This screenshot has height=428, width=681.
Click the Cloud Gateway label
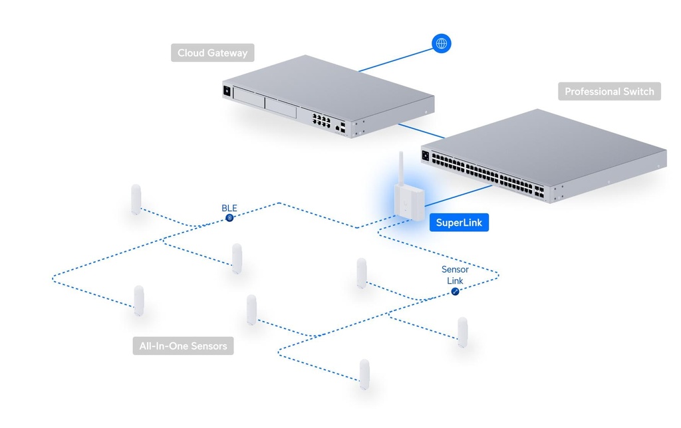pyautogui.click(x=212, y=53)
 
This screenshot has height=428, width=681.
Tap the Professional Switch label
pyautogui.click(x=609, y=92)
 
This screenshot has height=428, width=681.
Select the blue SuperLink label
pyautogui.click(x=459, y=223)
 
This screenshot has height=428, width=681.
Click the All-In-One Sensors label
pyautogui.click(x=183, y=346)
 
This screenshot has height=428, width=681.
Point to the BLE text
pyautogui.click(x=229, y=208)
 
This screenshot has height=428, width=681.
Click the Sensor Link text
pyautogui.click(x=455, y=275)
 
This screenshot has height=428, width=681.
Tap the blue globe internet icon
pyautogui.click(x=442, y=43)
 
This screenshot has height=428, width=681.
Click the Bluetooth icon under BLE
pyautogui.click(x=229, y=218)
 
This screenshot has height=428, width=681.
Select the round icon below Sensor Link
pyautogui.click(x=455, y=292)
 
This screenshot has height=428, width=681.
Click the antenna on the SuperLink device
pyautogui.click(x=401, y=168)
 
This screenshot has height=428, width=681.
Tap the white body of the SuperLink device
pyautogui.click(x=409, y=203)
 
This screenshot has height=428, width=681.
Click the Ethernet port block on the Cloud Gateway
pyautogui.click(x=321, y=120)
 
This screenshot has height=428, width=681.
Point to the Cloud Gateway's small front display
pyautogui.click(x=227, y=91)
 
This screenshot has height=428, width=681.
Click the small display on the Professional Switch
pyautogui.click(x=426, y=156)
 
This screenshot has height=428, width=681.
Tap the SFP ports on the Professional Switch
pyautogui.click(x=539, y=191)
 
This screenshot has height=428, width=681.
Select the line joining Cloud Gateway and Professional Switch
pyautogui.click(x=421, y=132)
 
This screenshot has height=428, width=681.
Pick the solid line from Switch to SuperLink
pyautogui.click(x=458, y=195)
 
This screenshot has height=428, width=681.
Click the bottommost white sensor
pyautogui.click(x=364, y=374)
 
